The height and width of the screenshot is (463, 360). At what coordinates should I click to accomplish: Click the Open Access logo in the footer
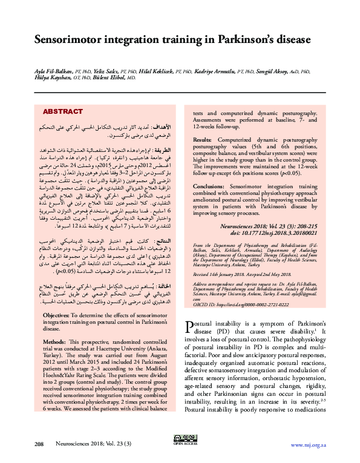180,439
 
